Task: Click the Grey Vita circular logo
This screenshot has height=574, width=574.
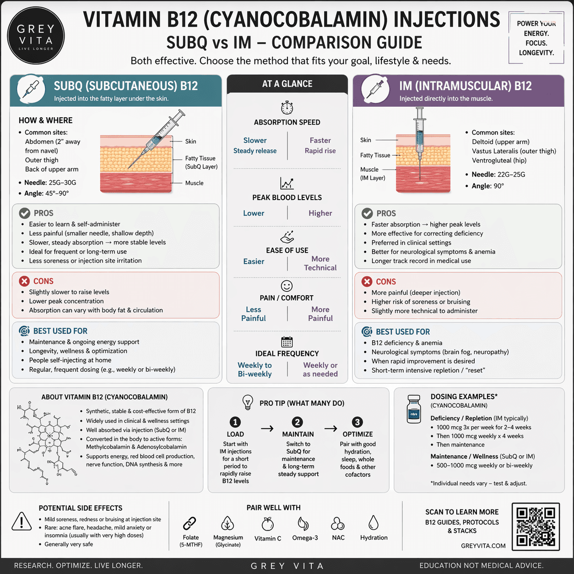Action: pos(36,36)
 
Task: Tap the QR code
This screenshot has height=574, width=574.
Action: pos(536,526)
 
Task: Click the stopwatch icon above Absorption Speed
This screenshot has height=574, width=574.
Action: pos(287,108)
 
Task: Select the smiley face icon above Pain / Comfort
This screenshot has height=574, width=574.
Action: pos(287,286)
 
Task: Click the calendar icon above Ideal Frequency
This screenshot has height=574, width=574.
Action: pos(287,342)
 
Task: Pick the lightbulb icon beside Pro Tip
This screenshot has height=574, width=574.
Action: pos(248,402)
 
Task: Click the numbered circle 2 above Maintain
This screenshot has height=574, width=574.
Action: pos(298,422)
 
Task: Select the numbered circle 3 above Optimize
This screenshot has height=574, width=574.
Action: pos(357,422)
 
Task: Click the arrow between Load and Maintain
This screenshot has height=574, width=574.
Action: pos(267,428)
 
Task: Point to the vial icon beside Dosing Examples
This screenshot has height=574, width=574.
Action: pos(414,409)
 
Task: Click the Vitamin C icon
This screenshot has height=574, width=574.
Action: pos(268,524)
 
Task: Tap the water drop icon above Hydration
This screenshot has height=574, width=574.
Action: pos(374,523)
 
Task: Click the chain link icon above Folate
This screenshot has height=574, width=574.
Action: pos(190,523)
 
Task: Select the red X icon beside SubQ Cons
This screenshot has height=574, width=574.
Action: pos(24,281)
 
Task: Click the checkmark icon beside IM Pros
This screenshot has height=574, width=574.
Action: pos(367,213)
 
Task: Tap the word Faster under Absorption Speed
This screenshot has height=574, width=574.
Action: pos(320,141)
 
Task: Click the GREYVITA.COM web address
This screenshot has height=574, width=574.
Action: pos(483,546)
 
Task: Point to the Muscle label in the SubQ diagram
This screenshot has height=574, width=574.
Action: pos(194,183)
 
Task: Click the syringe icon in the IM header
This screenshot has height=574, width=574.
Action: pos(375,88)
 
